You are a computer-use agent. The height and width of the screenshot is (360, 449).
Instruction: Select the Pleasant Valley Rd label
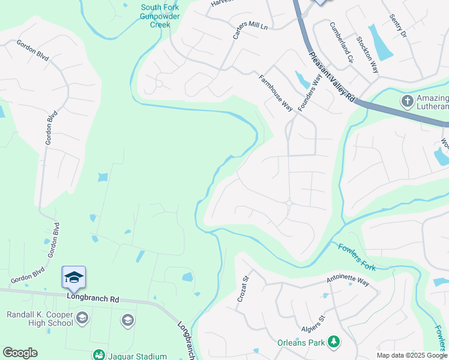click(x=332, y=77)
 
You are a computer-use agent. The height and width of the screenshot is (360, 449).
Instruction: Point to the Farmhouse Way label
click(x=276, y=92)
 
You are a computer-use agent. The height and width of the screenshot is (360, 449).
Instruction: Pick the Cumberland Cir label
click(x=342, y=43)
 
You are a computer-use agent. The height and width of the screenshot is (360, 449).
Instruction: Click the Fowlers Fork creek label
click(x=357, y=256)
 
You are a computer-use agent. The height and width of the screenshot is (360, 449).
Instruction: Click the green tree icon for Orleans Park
click(x=333, y=343)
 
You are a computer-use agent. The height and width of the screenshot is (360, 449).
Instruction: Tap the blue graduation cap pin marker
click(x=73, y=278)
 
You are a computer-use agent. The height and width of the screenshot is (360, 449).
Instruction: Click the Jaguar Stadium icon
click(x=97, y=355)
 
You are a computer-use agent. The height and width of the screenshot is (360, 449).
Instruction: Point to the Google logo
click(x=20, y=353)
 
